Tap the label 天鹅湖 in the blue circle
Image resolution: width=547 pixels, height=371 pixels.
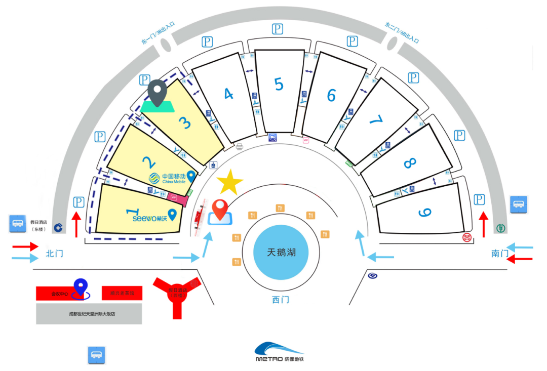(x=281, y=252)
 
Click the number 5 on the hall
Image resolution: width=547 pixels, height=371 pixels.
(x=279, y=84)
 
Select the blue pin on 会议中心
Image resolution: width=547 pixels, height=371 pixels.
(x=80, y=287)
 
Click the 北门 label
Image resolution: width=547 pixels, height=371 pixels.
(x=54, y=253)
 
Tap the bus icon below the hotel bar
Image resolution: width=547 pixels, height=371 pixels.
(x=96, y=354)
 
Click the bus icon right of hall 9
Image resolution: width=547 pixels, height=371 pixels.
(x=518, y=204)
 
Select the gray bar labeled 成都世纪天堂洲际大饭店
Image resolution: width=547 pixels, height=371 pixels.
(x=89, y=314)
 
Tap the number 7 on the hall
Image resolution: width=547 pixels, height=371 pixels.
(x=375, y=119)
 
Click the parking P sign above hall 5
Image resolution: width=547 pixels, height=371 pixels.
(x=277, y=29)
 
